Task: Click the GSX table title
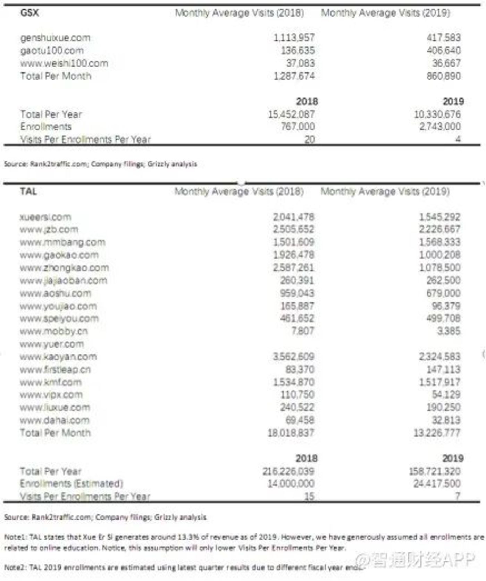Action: [x=30, y=13]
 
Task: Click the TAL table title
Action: [x=28, y=191]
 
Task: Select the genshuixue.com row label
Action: [x=55, y=38]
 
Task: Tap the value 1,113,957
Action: [x=294, y=37]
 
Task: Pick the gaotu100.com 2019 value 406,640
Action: [x=444, y=51]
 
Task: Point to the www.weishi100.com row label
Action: [x=64, y=63]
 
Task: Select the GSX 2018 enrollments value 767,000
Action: [x=298, y=127]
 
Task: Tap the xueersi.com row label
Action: [x=45, y=217]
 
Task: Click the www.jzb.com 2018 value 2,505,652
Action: [x=293, y=229]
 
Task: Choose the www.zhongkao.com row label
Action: [x=64, y=268]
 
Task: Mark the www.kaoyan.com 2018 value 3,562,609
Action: [x=293, y=357]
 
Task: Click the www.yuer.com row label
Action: [x=52, y=344]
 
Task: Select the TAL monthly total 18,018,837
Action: [x=291, y=433]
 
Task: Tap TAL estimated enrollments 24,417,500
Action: [x=437, y=484]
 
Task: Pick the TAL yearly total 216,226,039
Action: [x=288, y=471]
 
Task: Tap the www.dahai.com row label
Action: [x=55, y=420]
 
